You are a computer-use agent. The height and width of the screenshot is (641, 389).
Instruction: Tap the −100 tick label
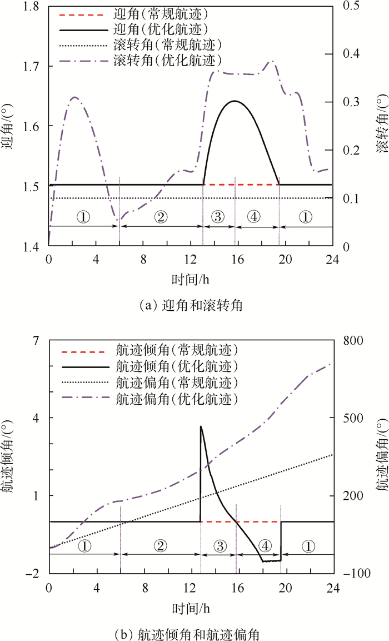click(x=363, y=573)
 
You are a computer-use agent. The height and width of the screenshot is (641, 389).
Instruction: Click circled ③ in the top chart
click(x=218, y=218)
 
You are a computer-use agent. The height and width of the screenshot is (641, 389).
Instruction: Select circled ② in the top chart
click(x=161, y=218)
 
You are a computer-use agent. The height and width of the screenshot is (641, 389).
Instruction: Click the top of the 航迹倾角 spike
click(x=201, y=426)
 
